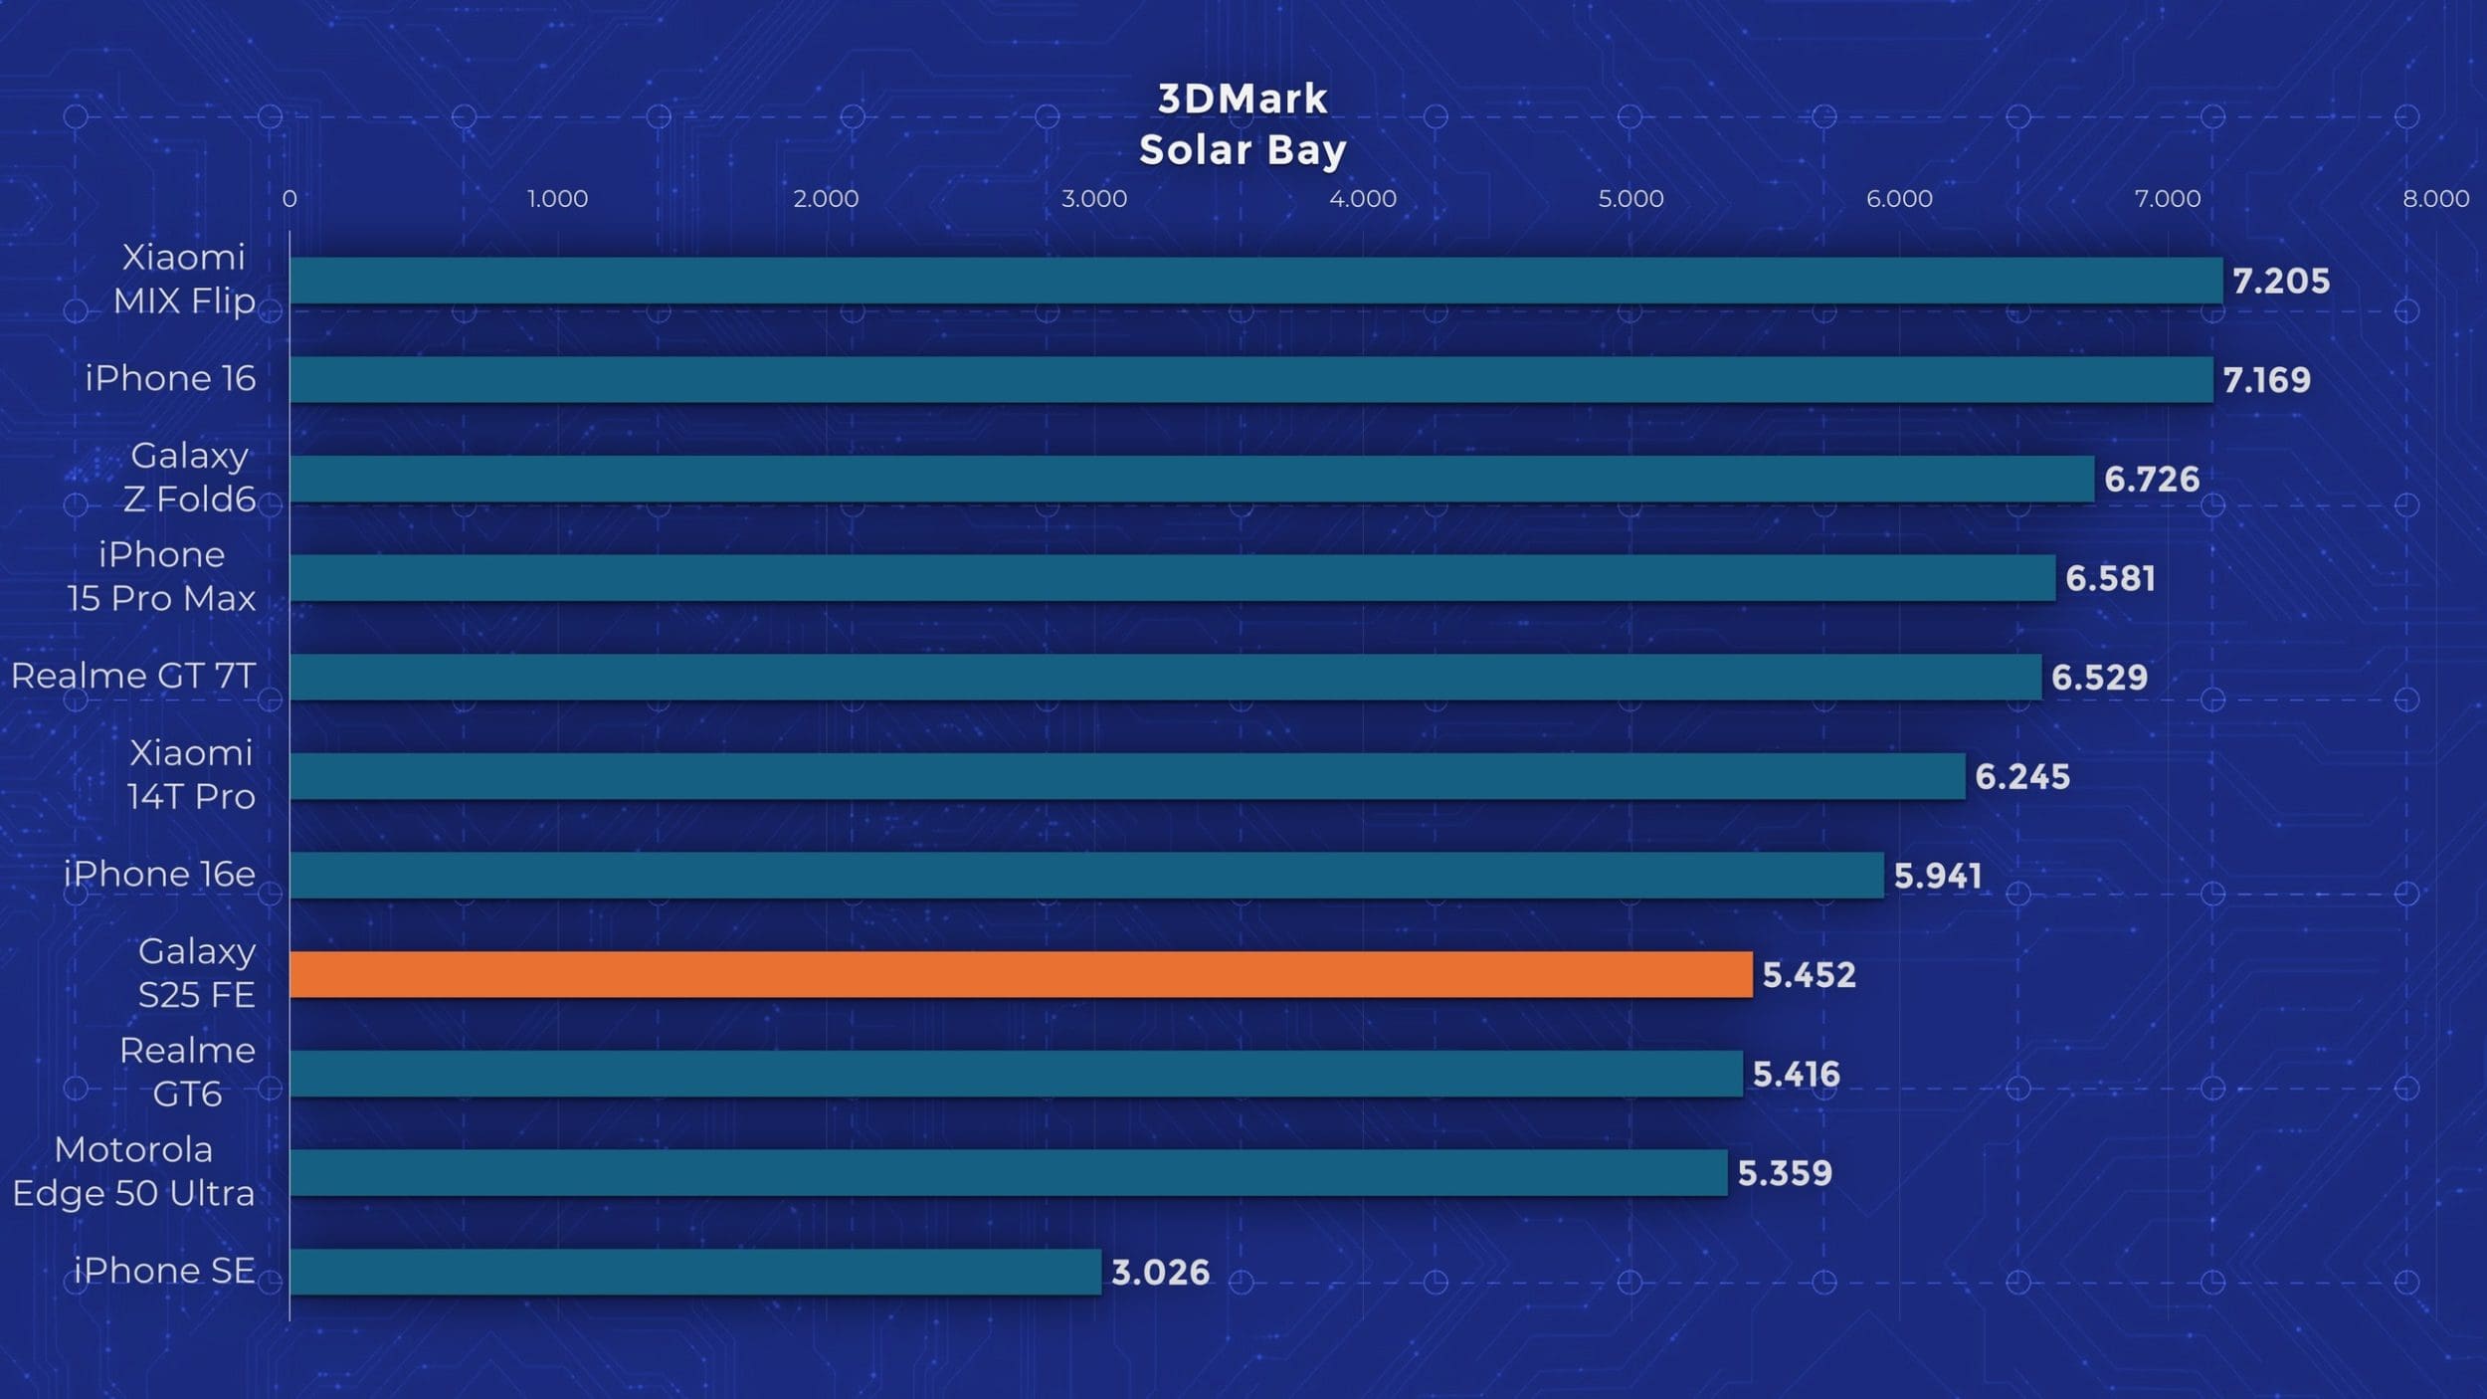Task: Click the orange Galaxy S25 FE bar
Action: pyautogui.click(x=1021, y=974)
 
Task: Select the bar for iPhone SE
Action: pyautogui.click(x=695, y=1272)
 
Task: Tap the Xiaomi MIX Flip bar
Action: pyautogui.click(x=1255, y=281)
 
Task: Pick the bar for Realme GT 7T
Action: pyautogui.click(x=1165, y=677)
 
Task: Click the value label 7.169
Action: pyautogui.click(x=2266, y=380)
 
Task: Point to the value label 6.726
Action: pyautogui.click(x=2151, y=480)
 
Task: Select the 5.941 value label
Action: pyautogui.click(x=1937, y=876)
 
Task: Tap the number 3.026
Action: pyautogui.click(x=1160, y=1273)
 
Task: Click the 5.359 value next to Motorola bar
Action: pyautogui.click(x=1784, y=1173)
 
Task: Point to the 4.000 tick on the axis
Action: pyautogui.click(x=1362, y=199)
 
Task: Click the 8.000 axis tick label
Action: pyautogui.click(x=2435, y=199)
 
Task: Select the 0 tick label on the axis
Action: pyautogui.click(x=289, y=199)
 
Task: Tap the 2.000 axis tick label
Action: pyautogui.click(x=826, y=199)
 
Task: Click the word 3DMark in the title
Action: pyautogui.click(x=1243, y=99)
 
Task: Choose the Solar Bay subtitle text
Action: pyautogui.click(x=1243, y=150)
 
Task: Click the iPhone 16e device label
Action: pyautogui.click(x=159, y=875)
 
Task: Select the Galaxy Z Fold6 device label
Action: pyautogui.click(x=189, y=478)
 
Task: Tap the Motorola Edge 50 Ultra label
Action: pyautogui.click(x=133, y=1171)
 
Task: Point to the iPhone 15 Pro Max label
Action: pyautogui.click(x=161, y=576)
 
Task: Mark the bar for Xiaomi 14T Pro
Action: pyautogui.click(x=1127, y=776)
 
